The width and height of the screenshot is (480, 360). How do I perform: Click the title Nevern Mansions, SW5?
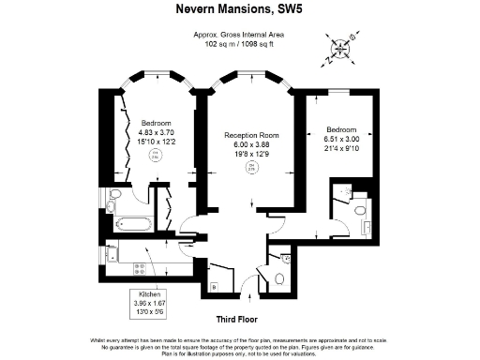239,11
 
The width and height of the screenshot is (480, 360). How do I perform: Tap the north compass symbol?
340,49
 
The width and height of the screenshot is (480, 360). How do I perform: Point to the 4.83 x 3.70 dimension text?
155,131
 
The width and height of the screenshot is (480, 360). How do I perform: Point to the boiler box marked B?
215,286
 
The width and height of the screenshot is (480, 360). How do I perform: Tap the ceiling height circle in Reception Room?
251,168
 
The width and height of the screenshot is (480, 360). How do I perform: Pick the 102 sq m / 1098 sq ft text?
239,43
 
